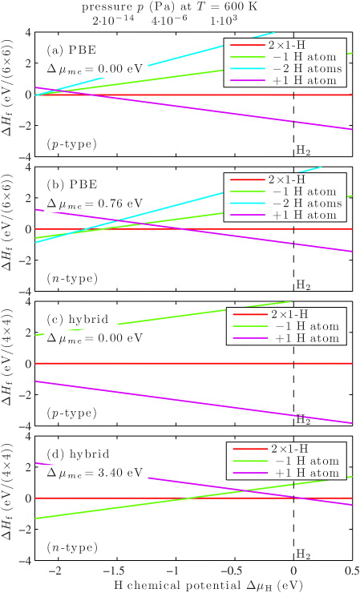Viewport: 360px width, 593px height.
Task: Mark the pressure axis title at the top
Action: [168, 6]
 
